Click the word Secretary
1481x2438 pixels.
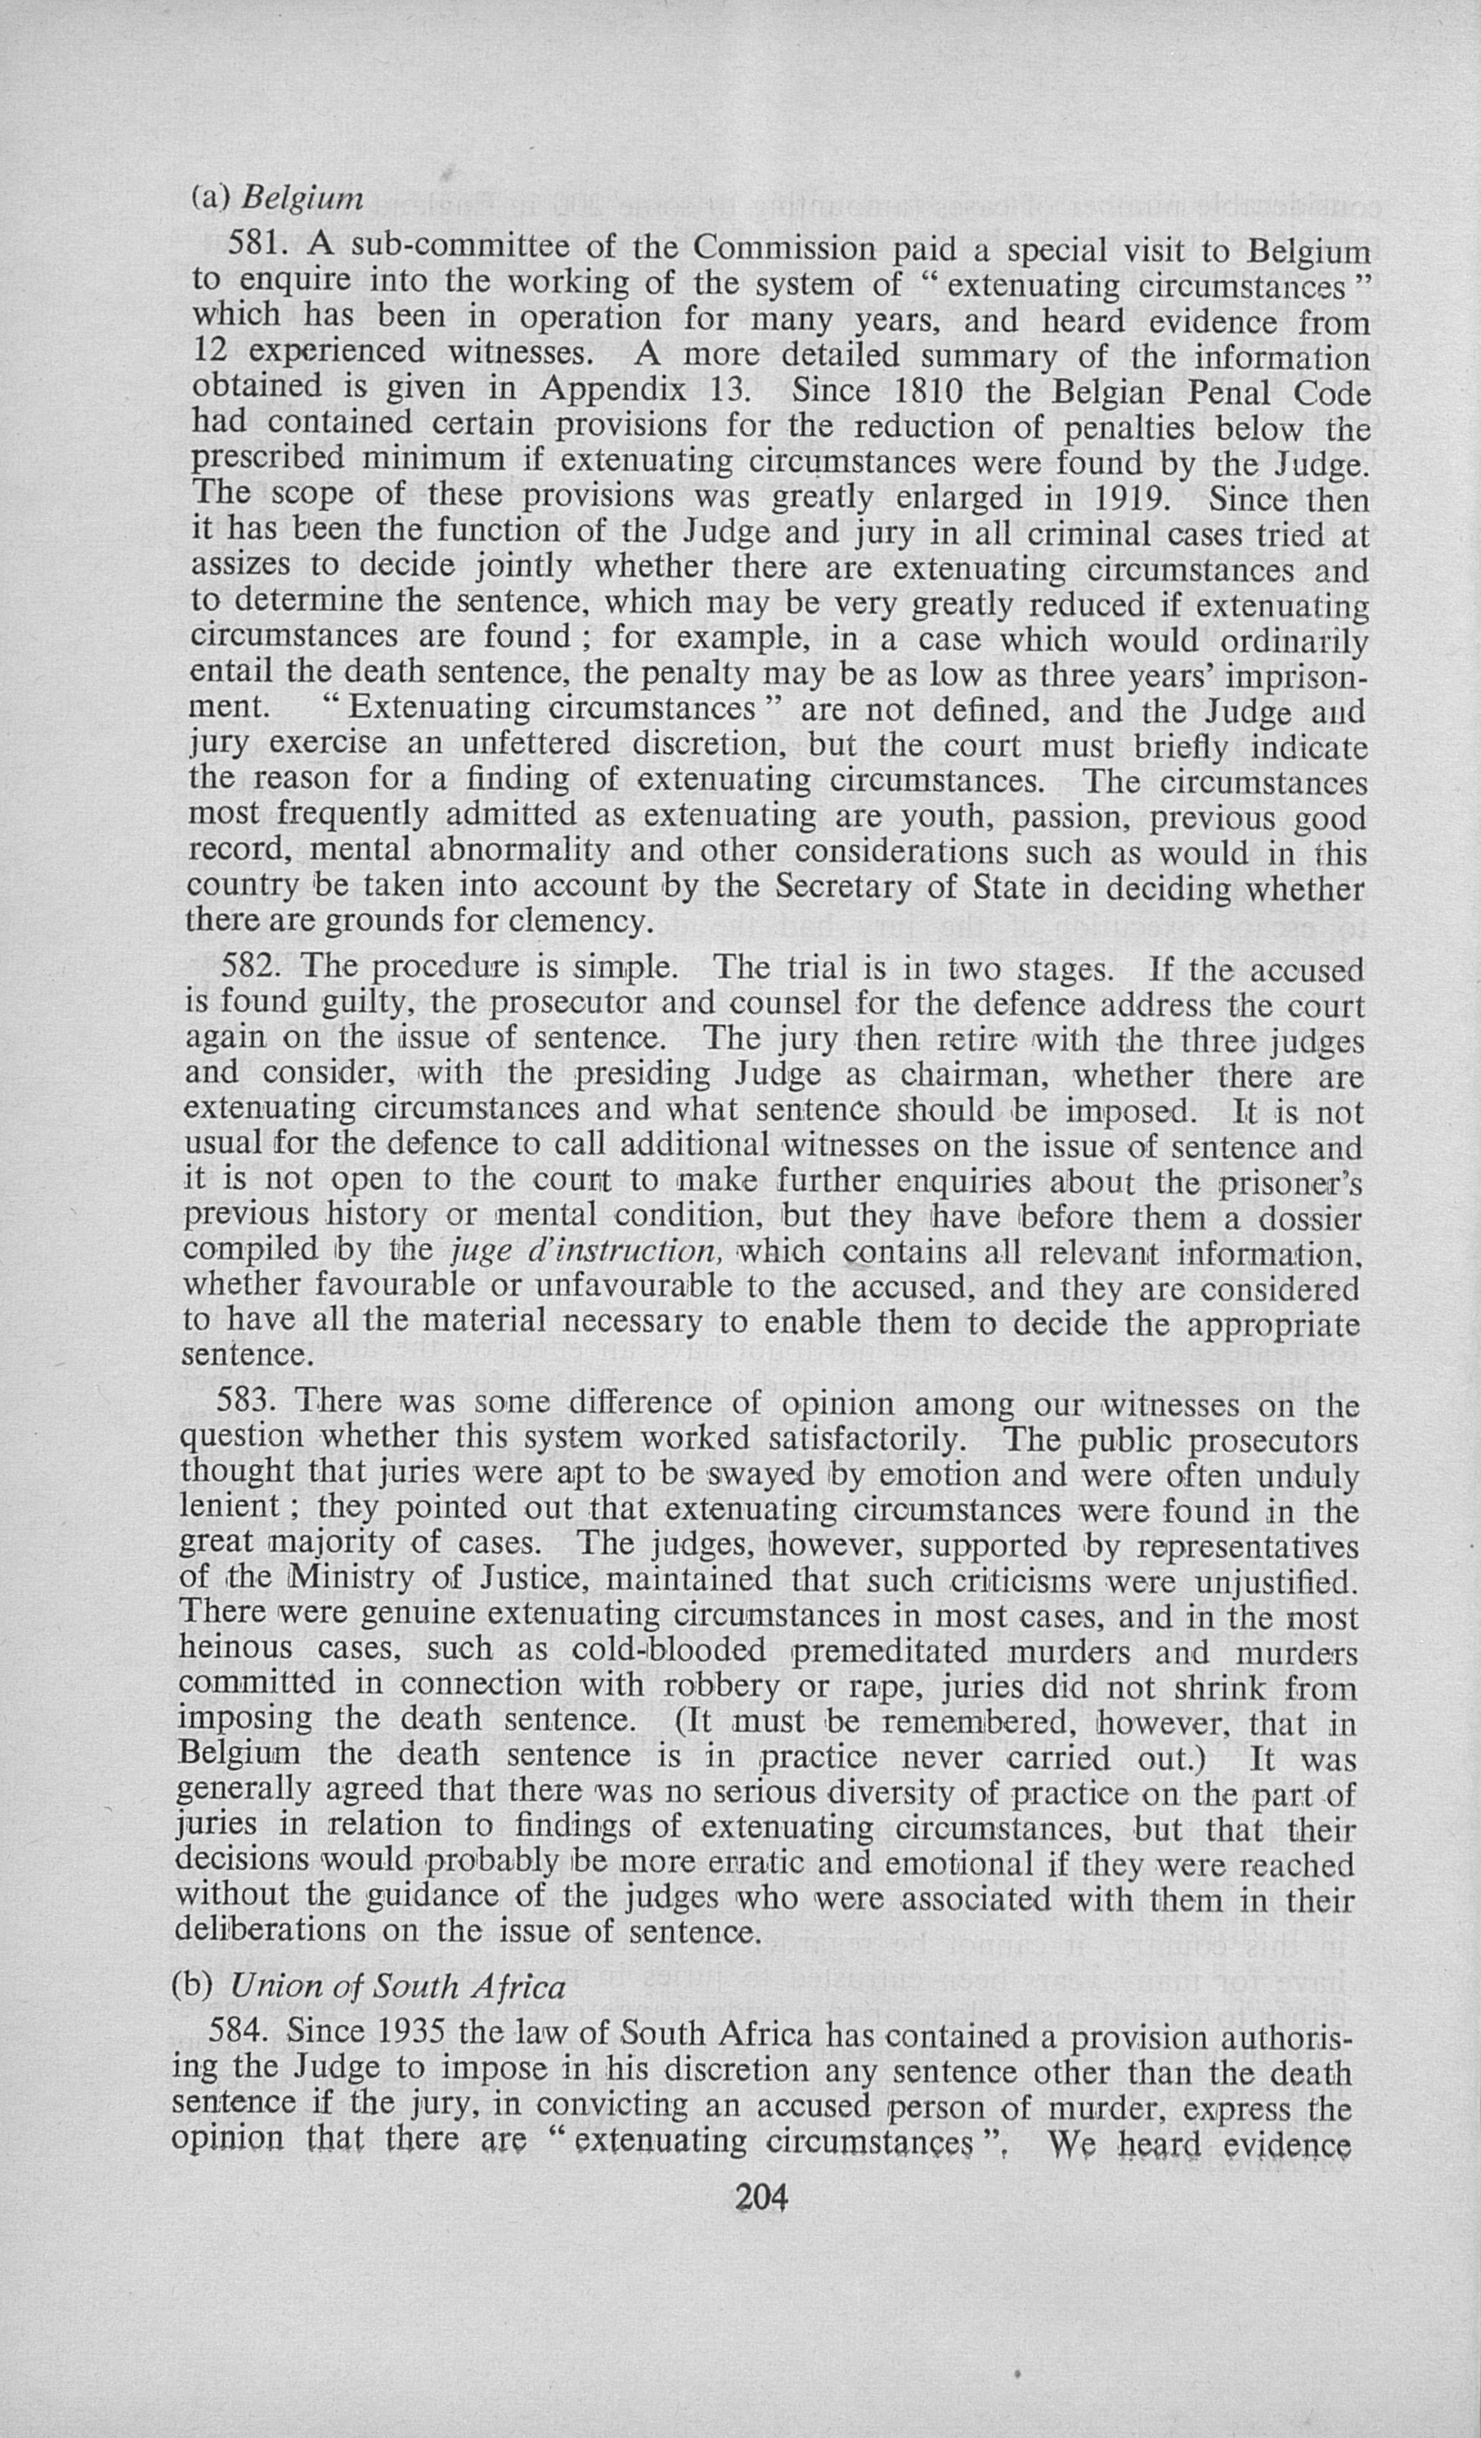(x=848, y=887)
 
